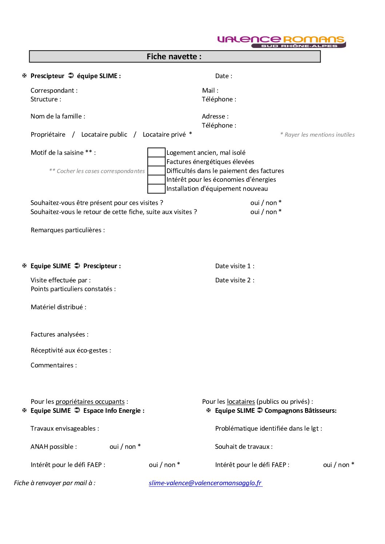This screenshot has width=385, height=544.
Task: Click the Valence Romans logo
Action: (x=281, y=41)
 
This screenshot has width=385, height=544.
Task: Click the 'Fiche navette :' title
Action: (x=174, y=57)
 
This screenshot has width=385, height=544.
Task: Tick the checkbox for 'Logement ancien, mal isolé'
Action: (x=156, y=153)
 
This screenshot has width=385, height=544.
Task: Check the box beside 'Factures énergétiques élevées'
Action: (x=156, y=162)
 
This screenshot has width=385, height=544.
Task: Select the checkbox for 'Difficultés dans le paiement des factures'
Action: (x=156, y=171)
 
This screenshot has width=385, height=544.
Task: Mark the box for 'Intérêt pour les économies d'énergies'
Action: (x=156, y=180)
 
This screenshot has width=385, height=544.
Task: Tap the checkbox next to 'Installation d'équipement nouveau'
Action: (x=156, y=189)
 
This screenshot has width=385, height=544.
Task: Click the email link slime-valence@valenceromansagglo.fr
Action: (x=205, y=483)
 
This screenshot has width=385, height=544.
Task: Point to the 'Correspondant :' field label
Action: (x=54, y=90)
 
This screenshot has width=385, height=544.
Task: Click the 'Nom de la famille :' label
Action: (x=58, y=116)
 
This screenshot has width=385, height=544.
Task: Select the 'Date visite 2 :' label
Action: (x=235, y=280)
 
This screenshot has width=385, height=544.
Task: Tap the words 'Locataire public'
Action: (x=104, y=134)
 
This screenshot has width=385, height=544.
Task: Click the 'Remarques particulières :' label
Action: (x=68, y=230)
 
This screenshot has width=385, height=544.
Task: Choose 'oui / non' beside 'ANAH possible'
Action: (x=125, y=447)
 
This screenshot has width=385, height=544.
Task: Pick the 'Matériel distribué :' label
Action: (x=59, y=307)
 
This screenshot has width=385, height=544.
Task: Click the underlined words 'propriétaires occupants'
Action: (x=90, y=402)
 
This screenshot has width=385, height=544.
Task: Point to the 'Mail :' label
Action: (x=210, y=90)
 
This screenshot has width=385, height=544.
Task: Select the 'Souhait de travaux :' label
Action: (x=244, y=447)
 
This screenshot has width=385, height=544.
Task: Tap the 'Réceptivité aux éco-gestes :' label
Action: (x=71, y=350)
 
